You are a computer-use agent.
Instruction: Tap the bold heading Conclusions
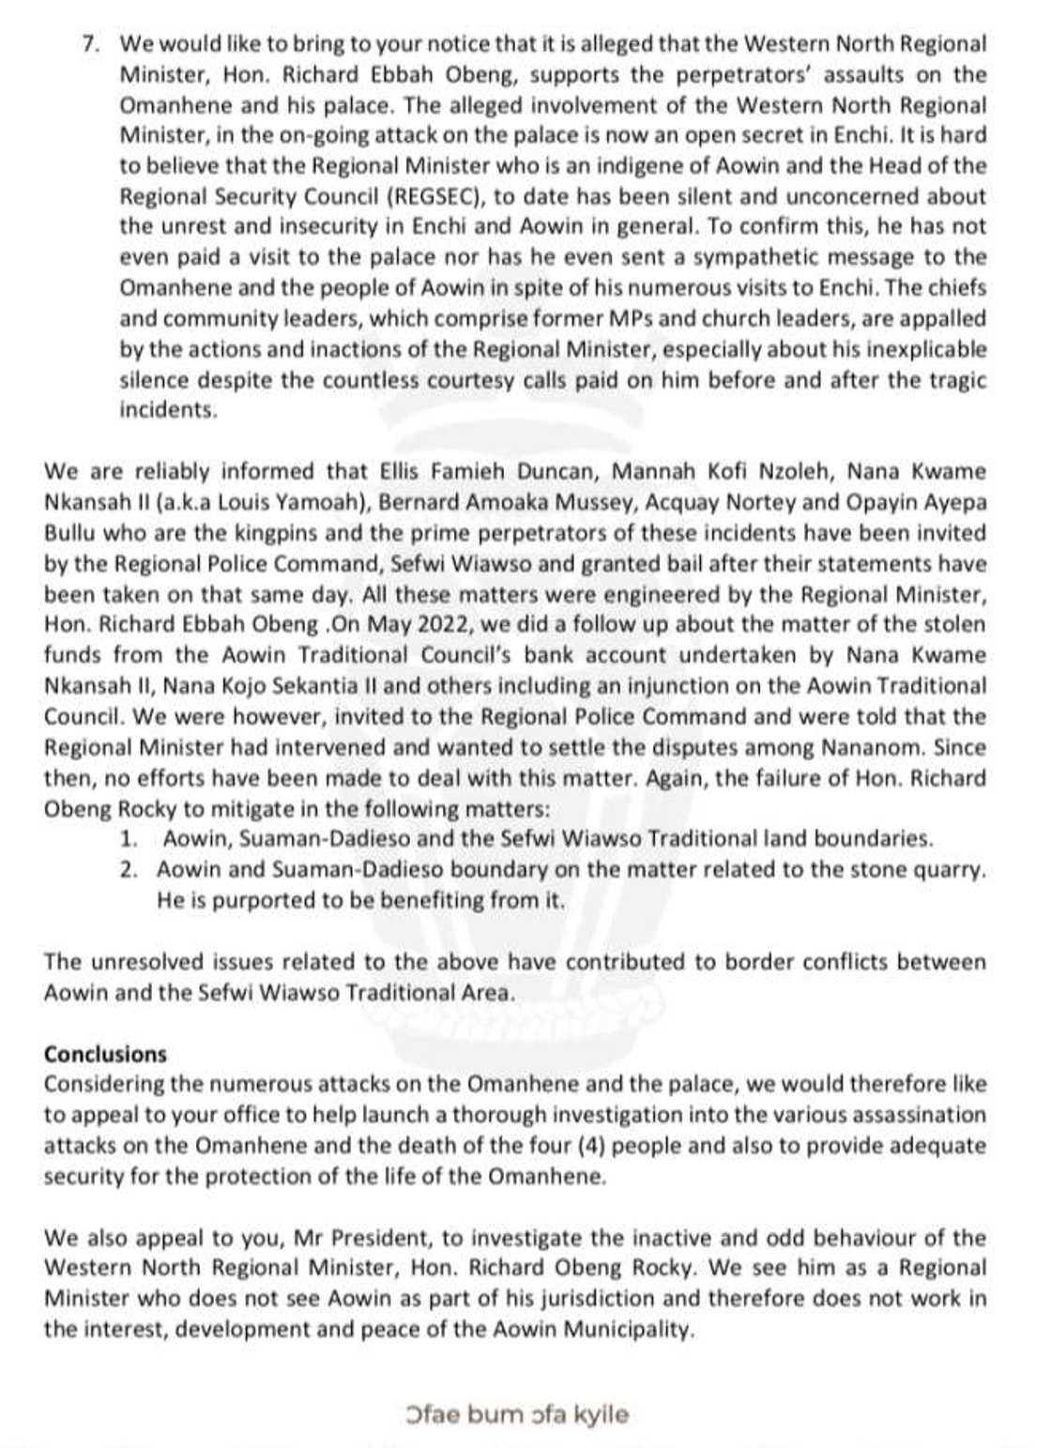pyautogui.click(x=105, y=1054)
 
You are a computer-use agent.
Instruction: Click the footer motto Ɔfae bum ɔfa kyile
pyautogui.click(x=518, y=1414)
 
